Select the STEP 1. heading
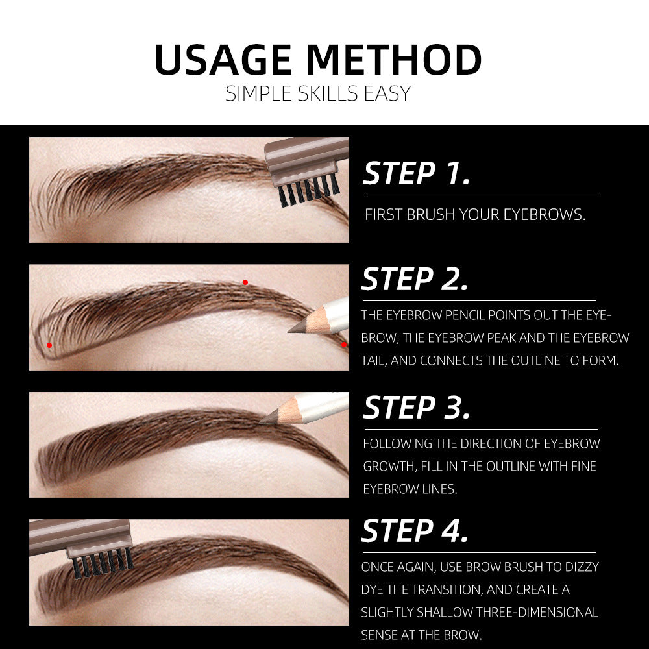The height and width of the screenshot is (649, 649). click(416, 174)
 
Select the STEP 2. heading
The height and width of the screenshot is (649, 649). click(415, 280)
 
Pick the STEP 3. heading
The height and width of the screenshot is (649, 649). click(416, 408)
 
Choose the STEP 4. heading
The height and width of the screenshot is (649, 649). click(415, 531)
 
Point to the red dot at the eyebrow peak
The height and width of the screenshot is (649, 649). click(245, 282)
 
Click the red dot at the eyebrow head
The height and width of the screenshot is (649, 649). click(49, 345)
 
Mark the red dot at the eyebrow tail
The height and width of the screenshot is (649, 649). click(343, 345)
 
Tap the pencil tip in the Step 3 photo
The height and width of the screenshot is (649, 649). click(265, 421)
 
